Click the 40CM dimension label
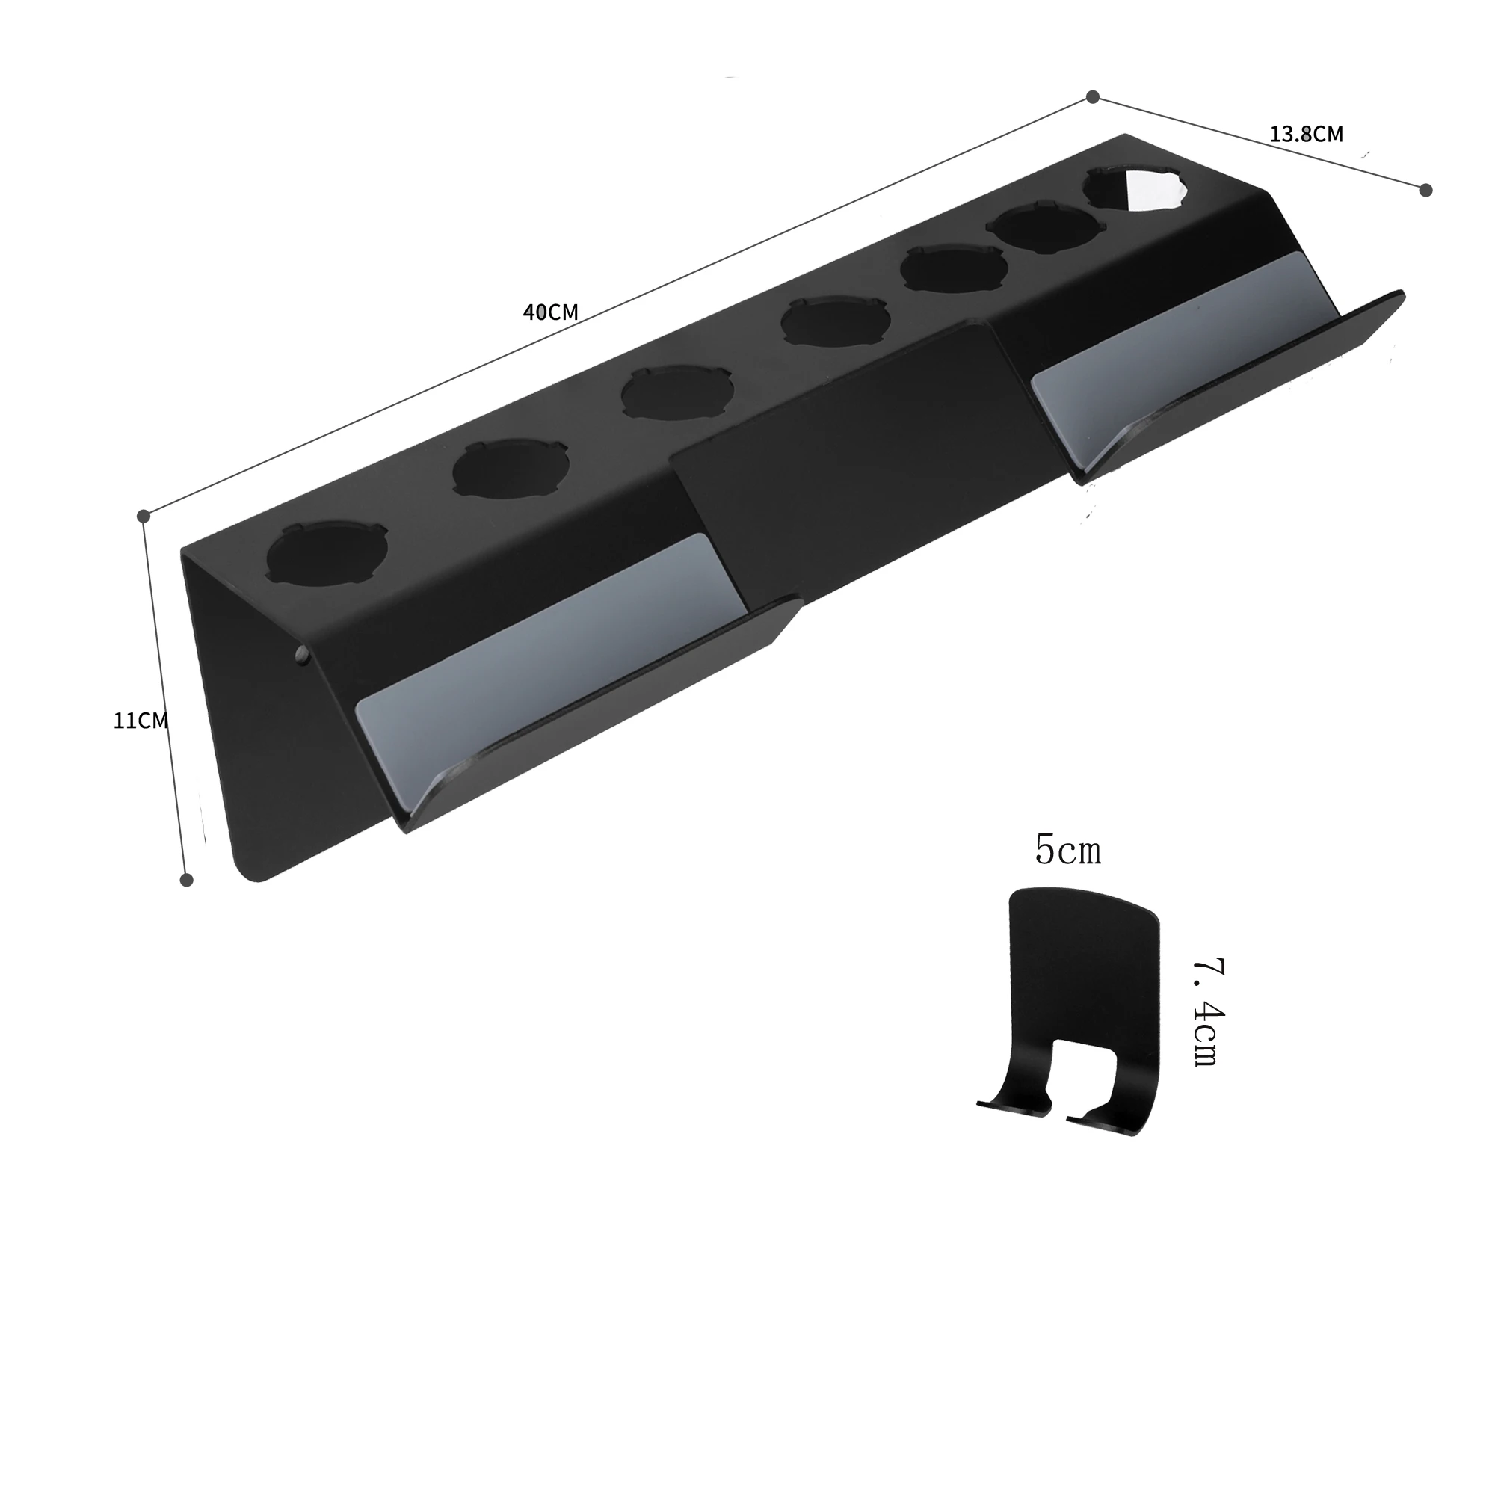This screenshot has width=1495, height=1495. point(550,312)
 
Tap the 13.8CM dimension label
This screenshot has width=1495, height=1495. point(1306,134)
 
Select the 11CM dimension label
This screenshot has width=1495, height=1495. point(141,721)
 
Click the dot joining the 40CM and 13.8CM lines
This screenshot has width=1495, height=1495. point(1093,96)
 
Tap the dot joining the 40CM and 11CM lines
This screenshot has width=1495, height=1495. point(144,515)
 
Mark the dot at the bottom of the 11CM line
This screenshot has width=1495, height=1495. point(185,879)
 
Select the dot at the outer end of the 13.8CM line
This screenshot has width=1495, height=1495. point(1426,190)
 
